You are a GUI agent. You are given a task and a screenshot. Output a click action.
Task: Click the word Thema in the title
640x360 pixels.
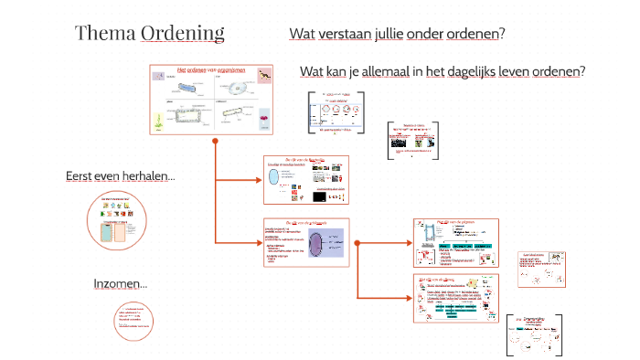(x=105, y=34)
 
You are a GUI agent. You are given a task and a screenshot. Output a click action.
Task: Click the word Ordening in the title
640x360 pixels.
(x=183, y=34)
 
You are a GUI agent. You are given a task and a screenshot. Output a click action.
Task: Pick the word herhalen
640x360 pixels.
(x=152, y=175)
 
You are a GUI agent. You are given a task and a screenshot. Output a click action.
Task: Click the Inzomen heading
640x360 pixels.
(x=120, y=284)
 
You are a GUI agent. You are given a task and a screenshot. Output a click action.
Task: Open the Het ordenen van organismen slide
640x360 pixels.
(x=213, y=99)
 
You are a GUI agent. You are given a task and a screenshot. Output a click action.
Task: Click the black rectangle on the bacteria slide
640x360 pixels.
(x=320, y=196)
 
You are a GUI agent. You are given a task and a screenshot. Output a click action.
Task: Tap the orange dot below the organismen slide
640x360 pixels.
(x=214, y=142)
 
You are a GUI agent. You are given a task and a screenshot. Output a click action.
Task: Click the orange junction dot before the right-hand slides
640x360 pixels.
(x=357, y=243)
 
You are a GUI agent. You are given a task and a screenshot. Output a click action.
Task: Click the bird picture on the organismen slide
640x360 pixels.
(x=263, y=75)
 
